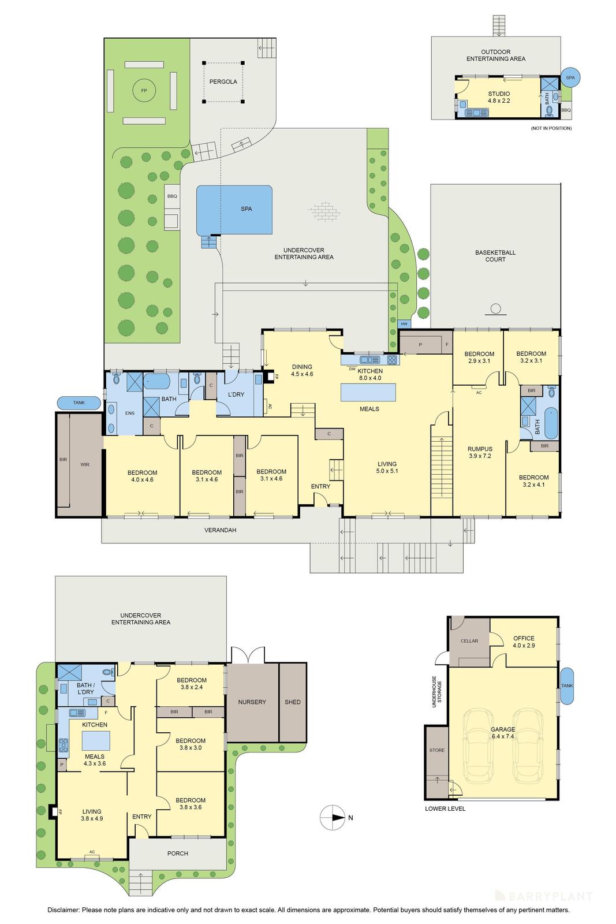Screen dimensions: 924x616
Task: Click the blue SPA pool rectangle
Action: (234, 209)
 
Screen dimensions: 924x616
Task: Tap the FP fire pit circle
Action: (144, 91)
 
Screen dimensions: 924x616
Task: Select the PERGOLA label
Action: (223, 82)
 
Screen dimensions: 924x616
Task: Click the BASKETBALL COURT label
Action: (495, 256)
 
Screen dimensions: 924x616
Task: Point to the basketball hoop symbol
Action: (495, 309)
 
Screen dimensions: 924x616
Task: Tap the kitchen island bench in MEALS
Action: (369, 393)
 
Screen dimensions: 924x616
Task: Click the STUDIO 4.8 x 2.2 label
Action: (498, 97)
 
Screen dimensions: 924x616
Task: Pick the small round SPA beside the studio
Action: (570, 77)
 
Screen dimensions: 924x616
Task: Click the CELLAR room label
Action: (469, 641)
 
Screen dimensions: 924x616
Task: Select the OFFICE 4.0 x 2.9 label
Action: (523, 642)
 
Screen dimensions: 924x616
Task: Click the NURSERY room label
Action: (252, 702)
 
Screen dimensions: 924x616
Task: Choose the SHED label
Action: (292, 702)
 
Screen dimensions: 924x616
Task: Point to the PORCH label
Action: (177, 853)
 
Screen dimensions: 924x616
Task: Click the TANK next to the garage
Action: (567, 685)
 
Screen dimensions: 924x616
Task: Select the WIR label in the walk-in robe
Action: (84, 464)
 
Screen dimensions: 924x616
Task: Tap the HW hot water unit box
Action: (404, 324)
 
